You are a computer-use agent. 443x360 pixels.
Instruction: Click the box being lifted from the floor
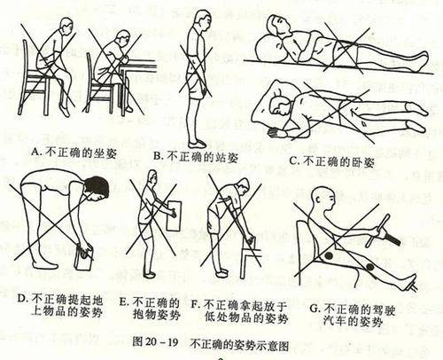point(86,260)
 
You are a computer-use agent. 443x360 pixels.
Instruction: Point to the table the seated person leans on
point(143,73)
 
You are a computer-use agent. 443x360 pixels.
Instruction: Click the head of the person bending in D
point(95,187)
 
